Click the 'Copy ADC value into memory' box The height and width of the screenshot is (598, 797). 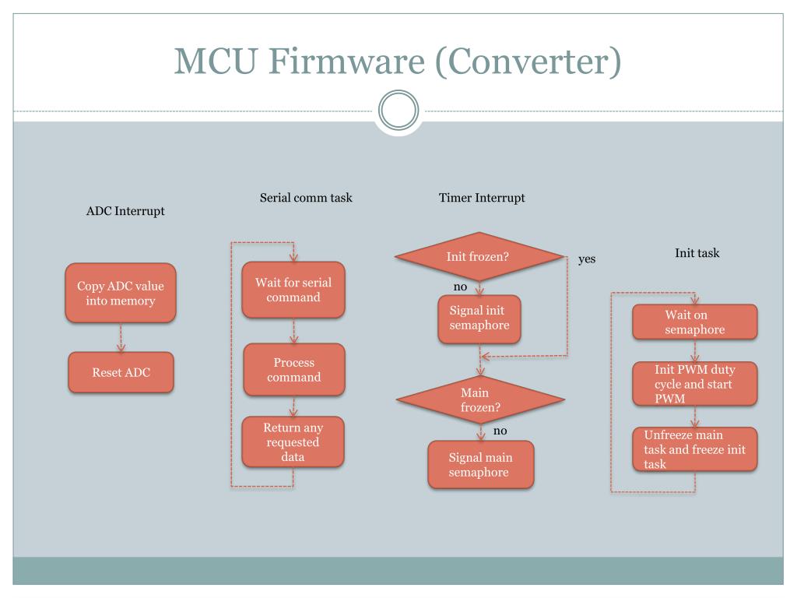point(121,293)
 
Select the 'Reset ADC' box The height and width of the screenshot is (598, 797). point(121,372)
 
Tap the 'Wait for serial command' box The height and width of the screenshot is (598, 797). point(293,290)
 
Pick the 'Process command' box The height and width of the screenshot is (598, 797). point(293,370)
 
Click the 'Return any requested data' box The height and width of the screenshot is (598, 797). point(293,442)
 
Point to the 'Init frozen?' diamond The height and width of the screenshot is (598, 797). point(479,256)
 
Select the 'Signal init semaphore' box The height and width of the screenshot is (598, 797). point(479,318)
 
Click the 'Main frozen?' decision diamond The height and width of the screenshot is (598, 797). point(479,400)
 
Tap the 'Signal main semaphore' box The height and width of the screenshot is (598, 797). point(480,465)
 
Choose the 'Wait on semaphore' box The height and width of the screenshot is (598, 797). point(695,322)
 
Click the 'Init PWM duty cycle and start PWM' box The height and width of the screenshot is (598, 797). point(695,384)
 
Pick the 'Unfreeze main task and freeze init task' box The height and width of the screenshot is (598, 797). point(695,449)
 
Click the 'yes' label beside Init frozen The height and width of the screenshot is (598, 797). point(587,259)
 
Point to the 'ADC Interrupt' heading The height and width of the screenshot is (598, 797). point(125,211)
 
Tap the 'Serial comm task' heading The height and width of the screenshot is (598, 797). point(306,198)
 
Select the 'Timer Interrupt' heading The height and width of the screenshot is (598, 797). point(482,198)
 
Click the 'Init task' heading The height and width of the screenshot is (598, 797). point(697,253)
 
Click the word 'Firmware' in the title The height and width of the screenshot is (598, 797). point(346,61)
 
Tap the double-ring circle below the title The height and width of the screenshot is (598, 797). point(398,111)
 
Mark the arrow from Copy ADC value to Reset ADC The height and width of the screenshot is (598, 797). point(121,337)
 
